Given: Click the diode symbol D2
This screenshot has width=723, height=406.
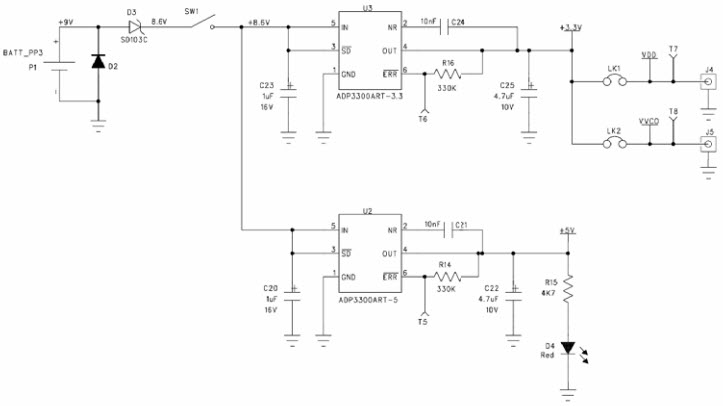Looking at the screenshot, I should [x=97, y=62].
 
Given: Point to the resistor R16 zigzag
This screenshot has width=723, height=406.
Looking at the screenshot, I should [x=447, y=73].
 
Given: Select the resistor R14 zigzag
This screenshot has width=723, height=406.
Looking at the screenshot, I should [x=446, y=277].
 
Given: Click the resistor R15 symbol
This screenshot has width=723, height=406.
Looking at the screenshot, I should [x=568, y=290].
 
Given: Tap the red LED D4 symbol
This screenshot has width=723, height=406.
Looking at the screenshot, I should [x=568, y=349].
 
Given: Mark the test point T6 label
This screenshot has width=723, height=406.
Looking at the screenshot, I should [x=422, y=118].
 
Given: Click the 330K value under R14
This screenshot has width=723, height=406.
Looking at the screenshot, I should [x=446, y=289].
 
